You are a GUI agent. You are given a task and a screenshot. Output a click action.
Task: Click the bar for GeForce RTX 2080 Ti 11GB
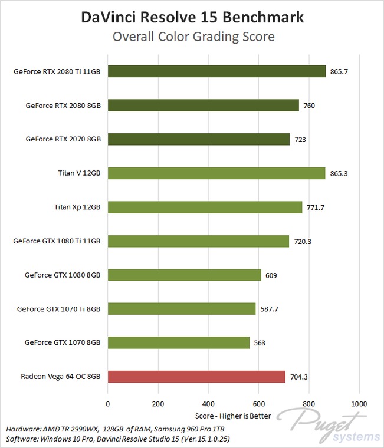tap(216, 71)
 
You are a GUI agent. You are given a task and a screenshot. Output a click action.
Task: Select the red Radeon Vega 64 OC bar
tap(196, 377)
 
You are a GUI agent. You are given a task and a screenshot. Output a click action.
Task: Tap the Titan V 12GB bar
tap(216, 173)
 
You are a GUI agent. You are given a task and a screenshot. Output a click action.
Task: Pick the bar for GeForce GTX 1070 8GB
tap(178, 342)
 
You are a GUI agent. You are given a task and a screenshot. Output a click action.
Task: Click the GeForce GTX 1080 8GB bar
tap(184, 275)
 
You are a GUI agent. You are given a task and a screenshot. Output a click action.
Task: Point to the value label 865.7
tap(340, 71)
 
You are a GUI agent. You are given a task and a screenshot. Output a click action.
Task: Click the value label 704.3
tap(300, 377)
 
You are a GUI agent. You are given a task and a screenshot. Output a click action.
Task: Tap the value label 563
tap(260, 343)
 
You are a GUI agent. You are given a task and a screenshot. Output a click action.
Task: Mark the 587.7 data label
tap(270, 309)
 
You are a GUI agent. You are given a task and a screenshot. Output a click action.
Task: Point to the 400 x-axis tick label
tap(208, 404)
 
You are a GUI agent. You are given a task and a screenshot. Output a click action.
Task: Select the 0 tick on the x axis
tap(107, 404)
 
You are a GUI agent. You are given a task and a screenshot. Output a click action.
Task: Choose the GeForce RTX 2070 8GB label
tap(63, 140)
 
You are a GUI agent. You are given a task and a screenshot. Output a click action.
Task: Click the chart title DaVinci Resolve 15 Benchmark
tap(192, 18)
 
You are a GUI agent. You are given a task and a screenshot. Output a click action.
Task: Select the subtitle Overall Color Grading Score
tap(192, 37)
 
